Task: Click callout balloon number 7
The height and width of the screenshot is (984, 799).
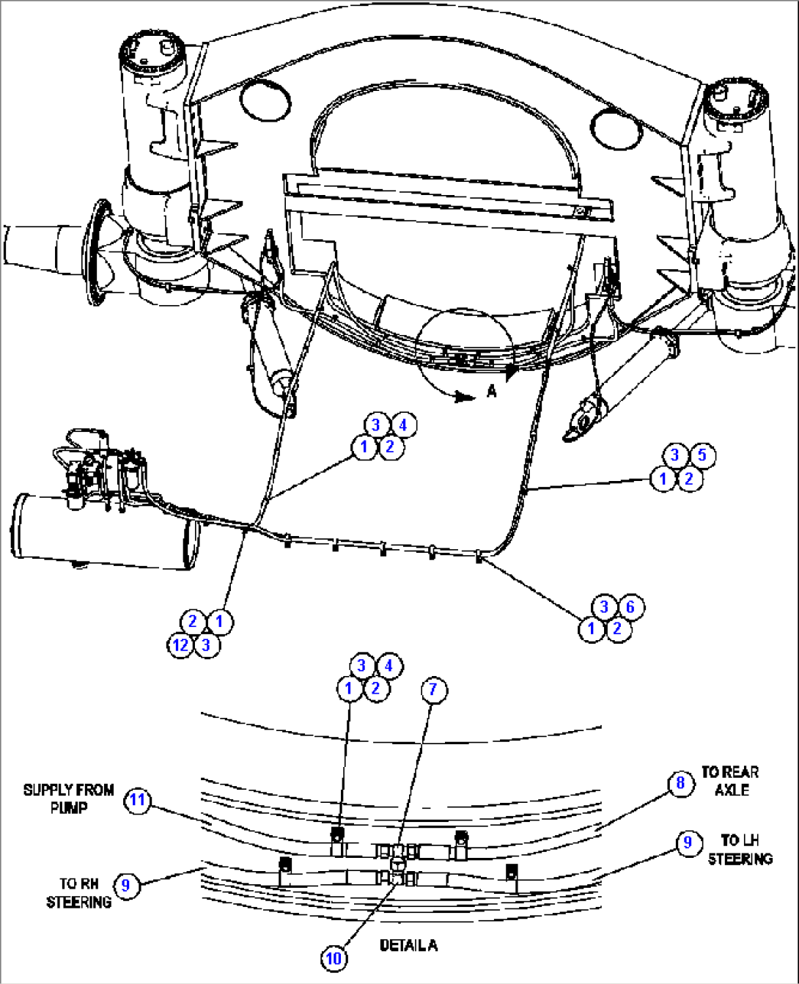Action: coord(433,689)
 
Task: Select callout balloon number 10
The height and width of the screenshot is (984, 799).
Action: coord(334,958)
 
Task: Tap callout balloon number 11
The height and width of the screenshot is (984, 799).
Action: coord(138,800)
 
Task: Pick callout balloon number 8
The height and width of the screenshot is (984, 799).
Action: coord(680,783)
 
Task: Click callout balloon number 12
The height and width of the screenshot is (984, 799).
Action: coord(180,645)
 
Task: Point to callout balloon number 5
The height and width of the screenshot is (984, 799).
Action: coord(702,455)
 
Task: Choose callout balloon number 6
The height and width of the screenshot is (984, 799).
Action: coord(630,606)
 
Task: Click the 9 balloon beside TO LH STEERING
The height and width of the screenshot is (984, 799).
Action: coord(688,842)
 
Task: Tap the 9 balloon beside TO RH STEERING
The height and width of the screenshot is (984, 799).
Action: coord(126,885)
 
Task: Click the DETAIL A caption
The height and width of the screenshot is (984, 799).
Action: coord(408,945)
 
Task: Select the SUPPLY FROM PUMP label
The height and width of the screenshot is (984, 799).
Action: coord(68,798)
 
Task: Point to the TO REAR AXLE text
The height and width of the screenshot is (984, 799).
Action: coord(729,781)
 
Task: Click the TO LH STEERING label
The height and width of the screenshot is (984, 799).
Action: coord(740,849)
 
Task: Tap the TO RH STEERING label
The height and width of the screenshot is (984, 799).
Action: coord(78,893)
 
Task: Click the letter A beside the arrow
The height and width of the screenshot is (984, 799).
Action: coord(492,392)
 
